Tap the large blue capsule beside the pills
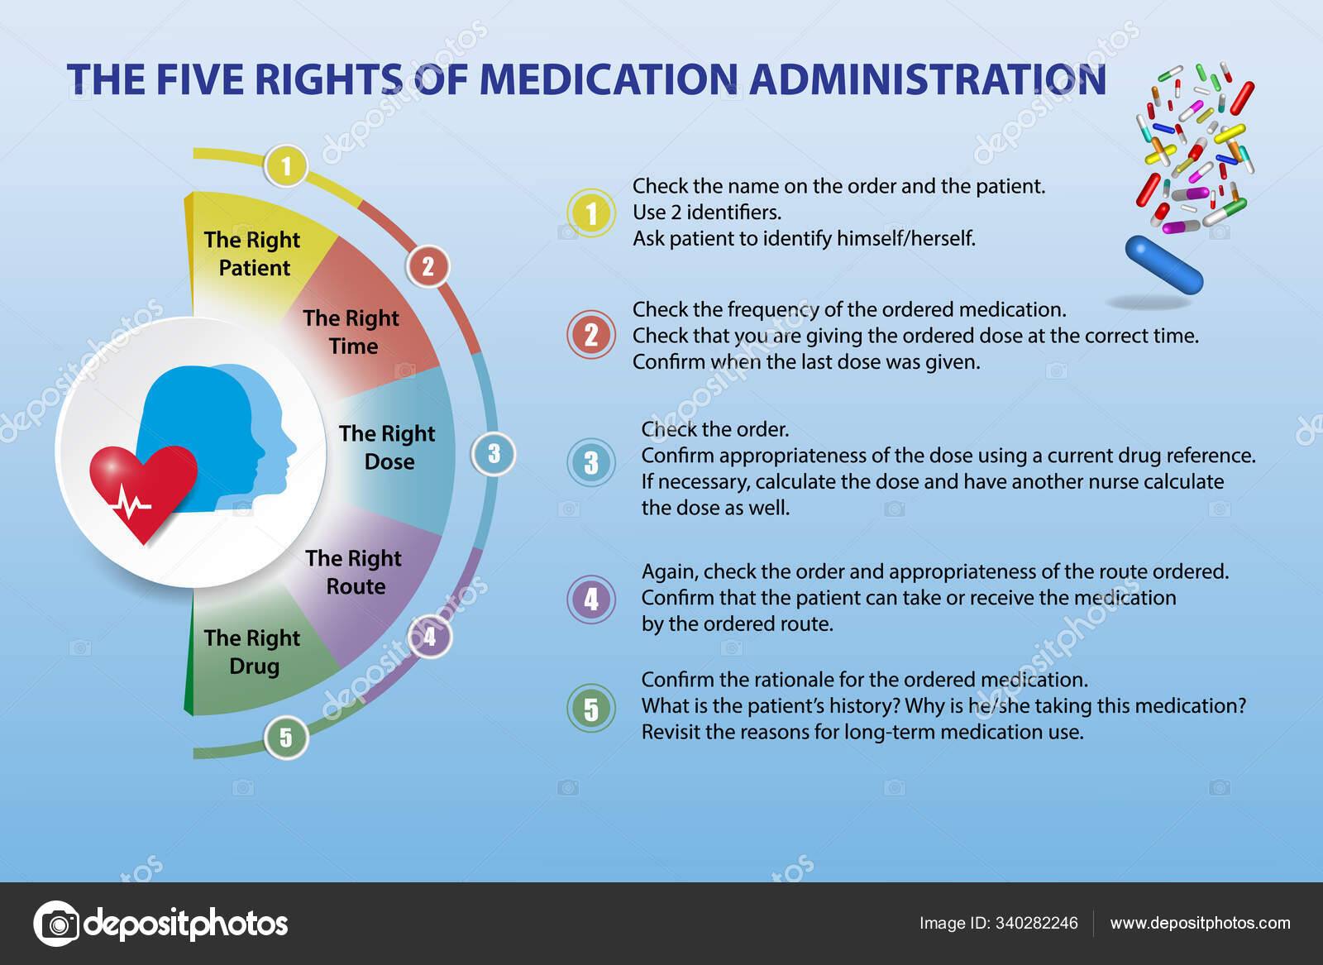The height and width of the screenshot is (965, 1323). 1163,265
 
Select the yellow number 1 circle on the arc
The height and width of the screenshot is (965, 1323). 285,166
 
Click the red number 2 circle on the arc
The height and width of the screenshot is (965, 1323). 427,266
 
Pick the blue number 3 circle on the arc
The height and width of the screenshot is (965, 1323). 494,454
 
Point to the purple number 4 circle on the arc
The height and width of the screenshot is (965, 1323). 430,636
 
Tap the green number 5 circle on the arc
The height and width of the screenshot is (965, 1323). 285,737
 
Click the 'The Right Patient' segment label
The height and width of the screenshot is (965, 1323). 252,254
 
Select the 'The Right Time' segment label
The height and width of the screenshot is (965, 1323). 351,332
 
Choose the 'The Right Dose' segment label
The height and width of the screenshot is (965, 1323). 387,447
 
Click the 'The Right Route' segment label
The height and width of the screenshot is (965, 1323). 354,572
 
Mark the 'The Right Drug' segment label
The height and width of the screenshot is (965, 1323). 252,652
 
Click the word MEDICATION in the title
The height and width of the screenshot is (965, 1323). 609,80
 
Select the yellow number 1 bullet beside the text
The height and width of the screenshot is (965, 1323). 591,213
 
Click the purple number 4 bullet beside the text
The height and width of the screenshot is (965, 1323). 591,599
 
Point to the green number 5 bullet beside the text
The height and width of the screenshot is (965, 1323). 591,708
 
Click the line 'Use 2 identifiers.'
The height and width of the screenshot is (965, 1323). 707,213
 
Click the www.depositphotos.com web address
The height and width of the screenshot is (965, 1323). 1200,923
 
